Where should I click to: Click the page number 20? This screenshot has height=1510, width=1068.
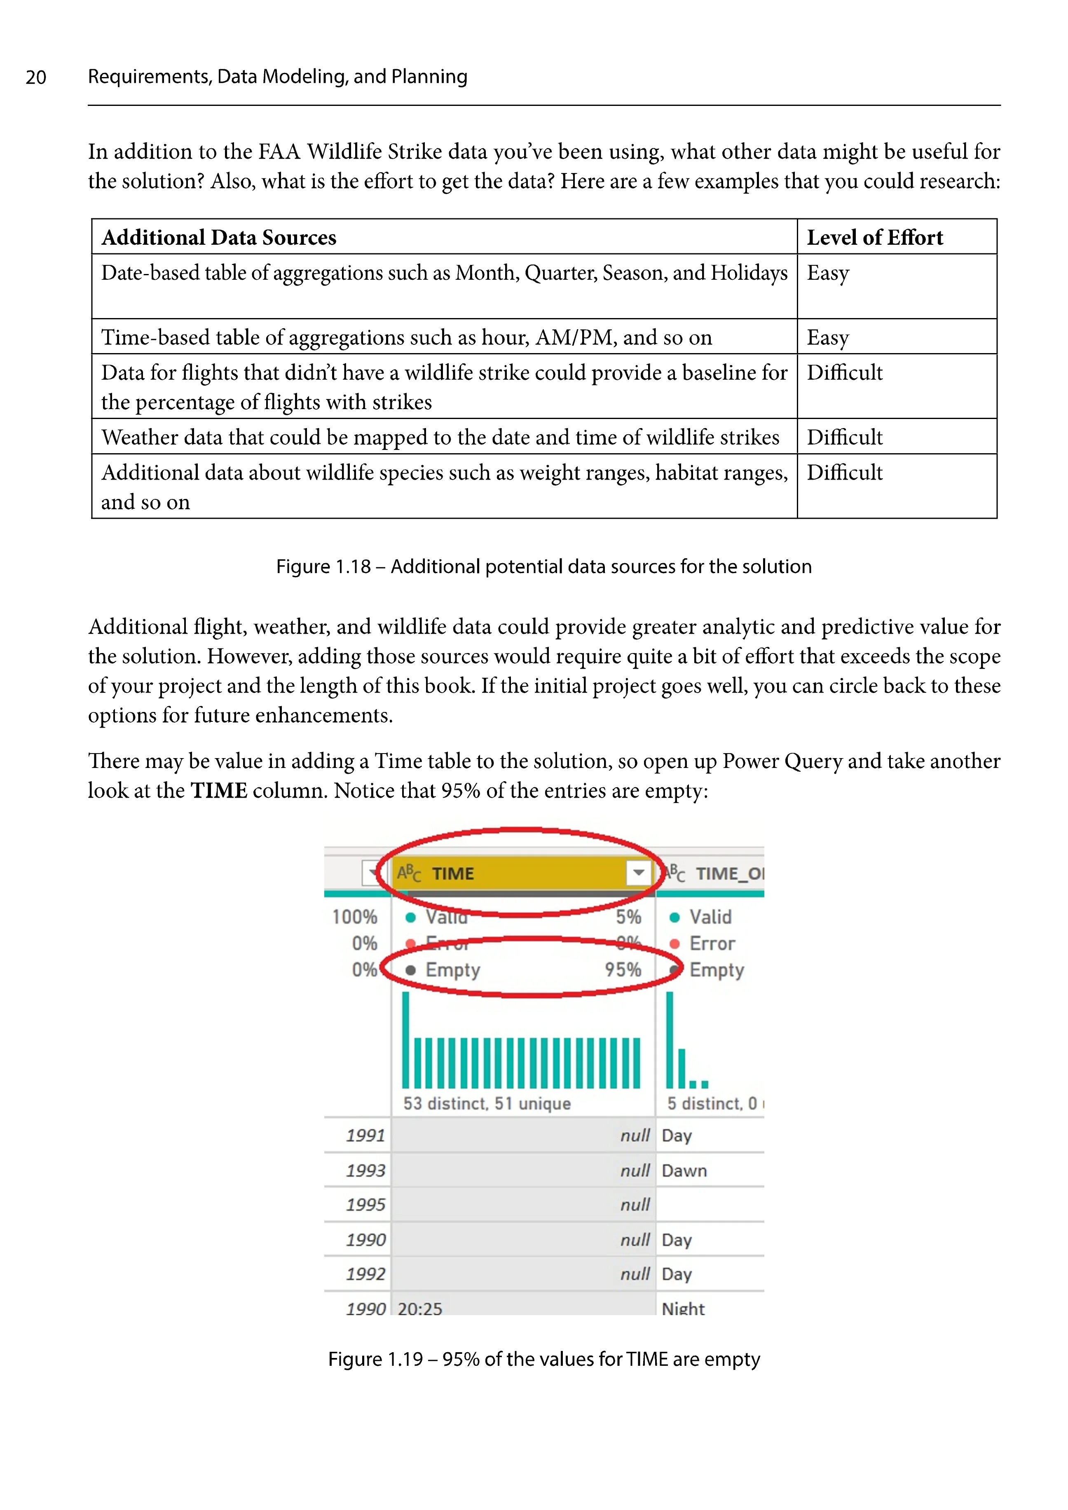tap(36, 77)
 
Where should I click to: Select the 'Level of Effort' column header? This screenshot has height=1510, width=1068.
tap(875, 237)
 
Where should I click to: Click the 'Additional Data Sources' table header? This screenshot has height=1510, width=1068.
tap(219, 237)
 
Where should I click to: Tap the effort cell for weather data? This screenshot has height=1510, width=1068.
tap(844, 438)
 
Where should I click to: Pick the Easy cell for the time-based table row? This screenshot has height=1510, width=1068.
tap(828, 337)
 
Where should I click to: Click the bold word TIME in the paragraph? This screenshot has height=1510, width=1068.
tap(219, 791)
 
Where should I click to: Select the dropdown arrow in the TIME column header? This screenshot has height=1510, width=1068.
tap(638, 873)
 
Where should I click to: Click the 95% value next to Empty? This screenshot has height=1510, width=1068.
tap(623, 969)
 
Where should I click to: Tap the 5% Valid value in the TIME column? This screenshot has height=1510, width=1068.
tap(628, 917)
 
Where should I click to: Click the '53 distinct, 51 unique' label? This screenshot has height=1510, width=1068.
tap(487, 1104)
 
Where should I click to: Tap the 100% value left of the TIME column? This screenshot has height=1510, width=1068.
tap(354, 917)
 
